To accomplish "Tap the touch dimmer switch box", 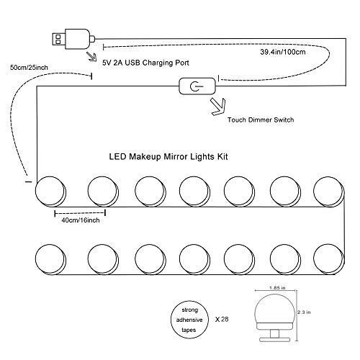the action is (x=197, y=86).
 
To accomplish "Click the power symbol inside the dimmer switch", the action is (x=196, y=86).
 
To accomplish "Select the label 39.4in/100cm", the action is (x=283, y=52).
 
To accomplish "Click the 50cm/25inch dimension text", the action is (x=29, y=67).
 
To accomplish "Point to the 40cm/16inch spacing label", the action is (x=81, y=220).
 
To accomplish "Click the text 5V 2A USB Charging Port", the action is (x=145, y=63).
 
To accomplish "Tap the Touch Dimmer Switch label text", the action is (x=261, y=120).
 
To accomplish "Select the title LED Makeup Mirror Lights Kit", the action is (x=168, y=157).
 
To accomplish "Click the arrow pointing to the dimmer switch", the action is (x=218, y=107).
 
